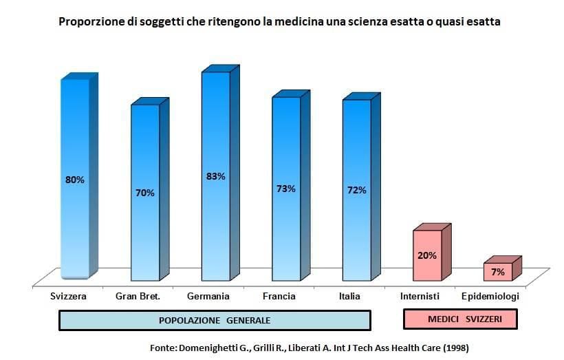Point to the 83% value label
click(215, 176)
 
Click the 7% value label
click(498, 273)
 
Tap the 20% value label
click(426, 255)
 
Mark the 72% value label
click(356, 190)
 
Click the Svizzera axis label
click(68, 297)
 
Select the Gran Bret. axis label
click(138, 297)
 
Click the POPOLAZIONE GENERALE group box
click(215, 321)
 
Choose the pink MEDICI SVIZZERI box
click(459, 320)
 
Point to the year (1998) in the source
click(455, 348)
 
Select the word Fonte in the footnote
click(164, 348)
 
